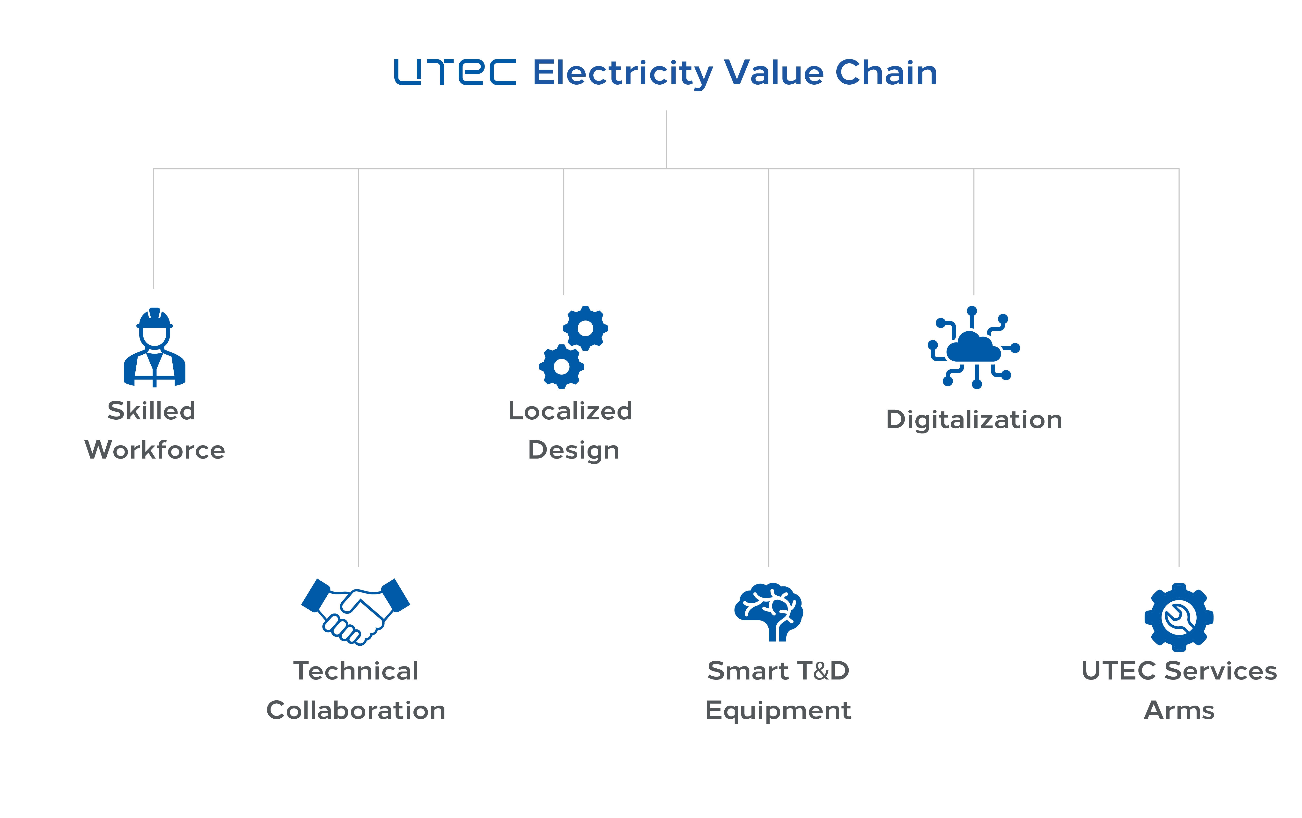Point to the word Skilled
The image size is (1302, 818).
(151, 411)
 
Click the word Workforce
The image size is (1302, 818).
(155, 450)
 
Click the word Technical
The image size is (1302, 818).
(356, 671)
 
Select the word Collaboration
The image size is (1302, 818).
(356, 710)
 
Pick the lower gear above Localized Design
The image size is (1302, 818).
(561, 366)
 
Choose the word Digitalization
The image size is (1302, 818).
(974, 420)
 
